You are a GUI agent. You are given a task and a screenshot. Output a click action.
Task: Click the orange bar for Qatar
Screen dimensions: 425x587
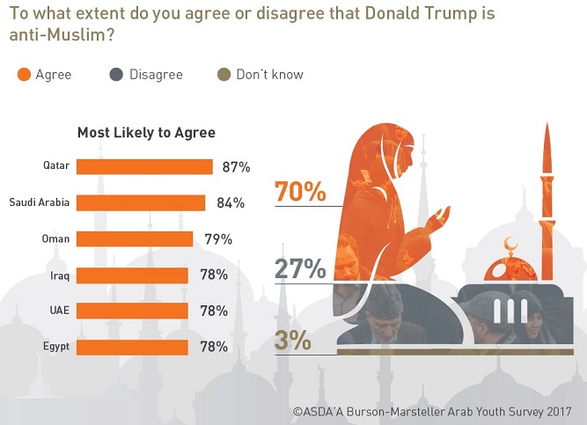(x=144, y=166)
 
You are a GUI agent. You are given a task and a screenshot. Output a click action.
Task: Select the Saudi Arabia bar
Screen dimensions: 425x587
(x=141, y=202)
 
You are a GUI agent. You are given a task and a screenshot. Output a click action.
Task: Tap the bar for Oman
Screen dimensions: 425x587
(x=135, y=239)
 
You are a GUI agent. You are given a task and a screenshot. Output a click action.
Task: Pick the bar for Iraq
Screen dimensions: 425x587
(x=132, y=275)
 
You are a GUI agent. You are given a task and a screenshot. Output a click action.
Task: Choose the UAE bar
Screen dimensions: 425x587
(x=132, y=311)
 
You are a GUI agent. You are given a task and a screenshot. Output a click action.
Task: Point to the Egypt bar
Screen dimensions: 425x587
(x=132, y=347)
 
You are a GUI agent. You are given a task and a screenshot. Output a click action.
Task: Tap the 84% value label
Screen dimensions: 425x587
(x=230, y=203)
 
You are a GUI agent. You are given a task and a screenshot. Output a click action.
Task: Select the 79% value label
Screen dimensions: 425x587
(x=217, y=239)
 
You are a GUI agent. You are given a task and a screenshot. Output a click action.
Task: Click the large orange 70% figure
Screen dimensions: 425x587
(x=300, y=191)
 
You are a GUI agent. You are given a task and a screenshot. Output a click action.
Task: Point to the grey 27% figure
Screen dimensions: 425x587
(x=300, y=267)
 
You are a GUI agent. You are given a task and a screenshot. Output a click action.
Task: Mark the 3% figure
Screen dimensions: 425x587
(x=292, y=340)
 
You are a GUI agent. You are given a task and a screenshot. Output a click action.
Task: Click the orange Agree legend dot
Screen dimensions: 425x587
(x=24, y=75)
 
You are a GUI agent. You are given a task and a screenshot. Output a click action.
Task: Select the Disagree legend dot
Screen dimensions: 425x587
(x=117, y=75)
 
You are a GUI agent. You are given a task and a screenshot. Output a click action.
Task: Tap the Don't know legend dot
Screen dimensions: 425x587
(x=224, y=75)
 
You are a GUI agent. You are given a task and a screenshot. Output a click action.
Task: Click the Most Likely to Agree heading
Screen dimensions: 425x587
(x=146, y=133)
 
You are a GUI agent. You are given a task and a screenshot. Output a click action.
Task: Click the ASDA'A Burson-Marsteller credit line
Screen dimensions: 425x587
(x=432, y=411)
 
